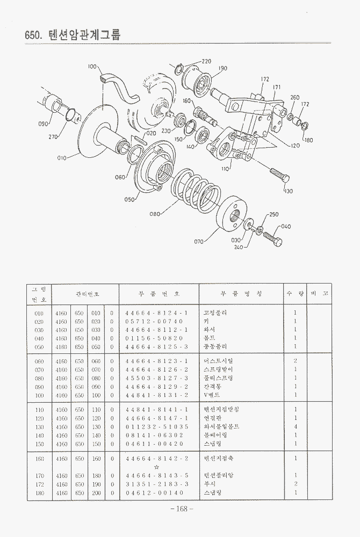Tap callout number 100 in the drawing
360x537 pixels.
point(91,67)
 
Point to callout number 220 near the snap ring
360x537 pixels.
point(206,61)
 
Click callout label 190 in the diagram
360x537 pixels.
point(223,68)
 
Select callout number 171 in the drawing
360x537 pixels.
point(277,87)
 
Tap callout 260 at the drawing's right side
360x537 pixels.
point(295,97)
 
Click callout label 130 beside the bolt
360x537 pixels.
point(289,191)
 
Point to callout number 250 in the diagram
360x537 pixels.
point(274,214)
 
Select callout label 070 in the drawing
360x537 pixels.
point(199,242)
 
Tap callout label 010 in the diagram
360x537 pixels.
point(62,158)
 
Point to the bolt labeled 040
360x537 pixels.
point(272,239)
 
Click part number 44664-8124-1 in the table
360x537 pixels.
point(156,313)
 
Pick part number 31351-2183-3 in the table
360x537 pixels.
point(156,484)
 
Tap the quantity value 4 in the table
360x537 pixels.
point(296,426)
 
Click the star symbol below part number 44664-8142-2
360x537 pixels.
point(156,467)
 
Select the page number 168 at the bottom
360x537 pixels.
point(181,509)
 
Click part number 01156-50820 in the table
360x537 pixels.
point(156,338)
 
